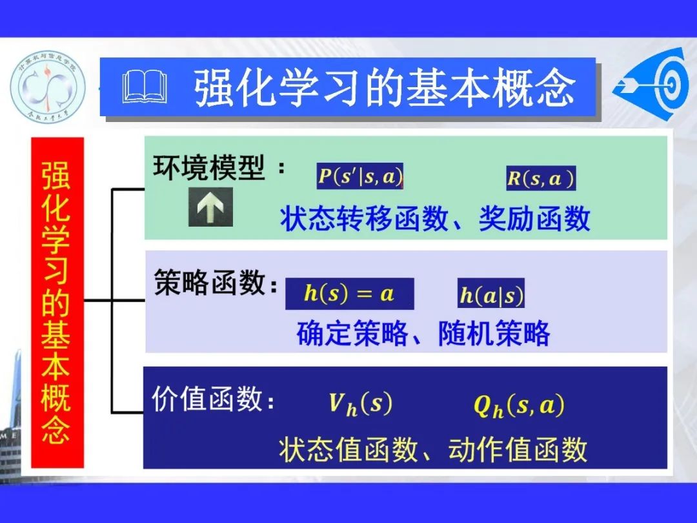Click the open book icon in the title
point(145,87)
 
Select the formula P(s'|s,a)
point(360,176)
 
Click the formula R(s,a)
point(540,178)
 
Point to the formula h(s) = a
point(349,294)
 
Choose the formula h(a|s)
point(491,294)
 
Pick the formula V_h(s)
point(360,405)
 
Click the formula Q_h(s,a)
point(519,406)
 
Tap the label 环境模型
point(209,169)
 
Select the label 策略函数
point(210,283)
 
